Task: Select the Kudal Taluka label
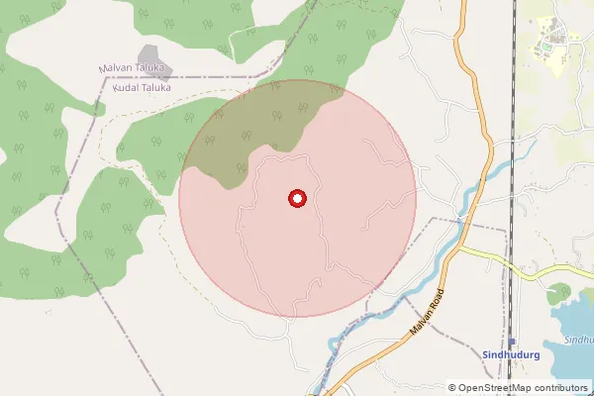[143, 87]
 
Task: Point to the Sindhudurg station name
[510, 353]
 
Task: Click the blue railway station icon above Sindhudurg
[511, 341]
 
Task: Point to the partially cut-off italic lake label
[579, 339]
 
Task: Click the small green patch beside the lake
[559, 293]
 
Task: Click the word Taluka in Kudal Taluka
[156, 87]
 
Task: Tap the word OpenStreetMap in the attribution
[495, 388]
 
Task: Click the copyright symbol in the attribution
[452, 388]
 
